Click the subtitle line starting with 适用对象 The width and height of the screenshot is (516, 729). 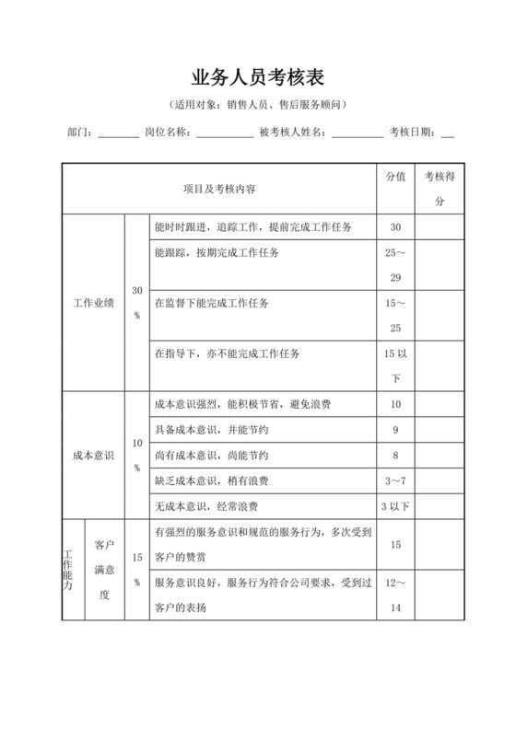[257, 105]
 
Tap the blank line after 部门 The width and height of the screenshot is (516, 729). [118, 134]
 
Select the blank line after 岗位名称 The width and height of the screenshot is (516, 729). [225, 134]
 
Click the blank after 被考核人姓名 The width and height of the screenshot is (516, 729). [358, 134]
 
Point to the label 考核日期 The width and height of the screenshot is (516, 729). [414, 133]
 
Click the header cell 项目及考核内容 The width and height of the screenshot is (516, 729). [219, 189]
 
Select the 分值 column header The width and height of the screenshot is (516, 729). [395, 178]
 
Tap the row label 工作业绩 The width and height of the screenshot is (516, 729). [93, 302]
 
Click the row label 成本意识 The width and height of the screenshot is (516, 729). [93, 455]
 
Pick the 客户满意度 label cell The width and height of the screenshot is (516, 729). [104, 571]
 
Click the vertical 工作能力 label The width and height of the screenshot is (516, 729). [68, 571]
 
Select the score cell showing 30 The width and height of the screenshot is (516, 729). [395, 227]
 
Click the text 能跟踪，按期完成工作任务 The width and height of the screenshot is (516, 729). [217, 252]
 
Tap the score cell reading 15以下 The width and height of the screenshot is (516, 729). [395, 365]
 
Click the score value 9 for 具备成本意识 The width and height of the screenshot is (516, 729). [395, 430]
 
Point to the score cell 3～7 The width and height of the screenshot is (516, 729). [395, 480]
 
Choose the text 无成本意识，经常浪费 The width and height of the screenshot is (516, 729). [206, 506]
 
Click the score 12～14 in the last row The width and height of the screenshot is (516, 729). [395, 596]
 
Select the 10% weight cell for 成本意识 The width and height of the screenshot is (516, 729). [136, 455]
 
